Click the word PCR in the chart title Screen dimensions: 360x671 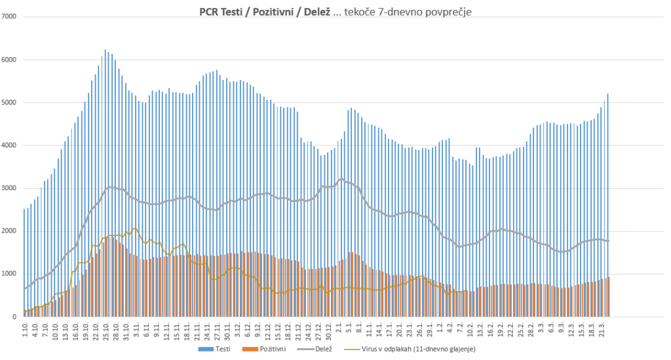(x=210, y=11)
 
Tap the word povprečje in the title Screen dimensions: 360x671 (x=445, y=11)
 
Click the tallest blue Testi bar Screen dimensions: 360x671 (x=105, y=184)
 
